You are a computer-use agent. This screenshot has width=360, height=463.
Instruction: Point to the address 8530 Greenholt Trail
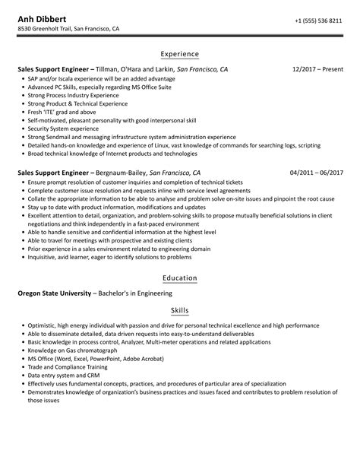[68, 30]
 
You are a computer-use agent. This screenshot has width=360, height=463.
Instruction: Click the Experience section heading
[180, 54]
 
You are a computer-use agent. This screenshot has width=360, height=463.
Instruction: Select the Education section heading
[180, 278]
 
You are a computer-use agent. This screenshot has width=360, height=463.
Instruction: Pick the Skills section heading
[180, 311]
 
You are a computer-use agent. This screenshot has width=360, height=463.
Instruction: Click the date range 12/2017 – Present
[317, 69]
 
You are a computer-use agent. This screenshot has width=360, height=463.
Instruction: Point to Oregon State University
[54, 293]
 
